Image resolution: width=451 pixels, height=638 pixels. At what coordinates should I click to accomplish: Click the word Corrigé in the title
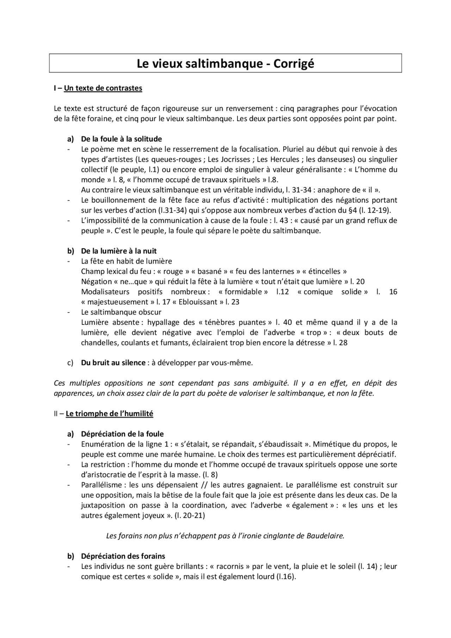[x=294, y=63]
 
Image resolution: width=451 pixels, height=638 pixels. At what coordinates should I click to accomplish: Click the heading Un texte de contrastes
[x=103, y=88]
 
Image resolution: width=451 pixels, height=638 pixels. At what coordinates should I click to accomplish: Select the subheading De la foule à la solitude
[x=121, y=139]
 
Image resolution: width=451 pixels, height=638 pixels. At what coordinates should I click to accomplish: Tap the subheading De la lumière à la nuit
[x=119, y=251]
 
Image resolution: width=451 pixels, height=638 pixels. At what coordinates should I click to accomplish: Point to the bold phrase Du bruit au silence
[x=113, y=363]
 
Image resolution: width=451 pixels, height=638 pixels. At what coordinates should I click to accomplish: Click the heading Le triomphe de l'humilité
[x=109, y=414]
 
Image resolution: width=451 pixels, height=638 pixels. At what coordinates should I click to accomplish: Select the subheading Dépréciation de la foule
[x=122, y=434]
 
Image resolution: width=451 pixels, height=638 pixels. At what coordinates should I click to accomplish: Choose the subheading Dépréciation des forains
[x=123, y=556]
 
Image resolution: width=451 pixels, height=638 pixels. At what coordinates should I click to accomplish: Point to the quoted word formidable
[x=243, y=292]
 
